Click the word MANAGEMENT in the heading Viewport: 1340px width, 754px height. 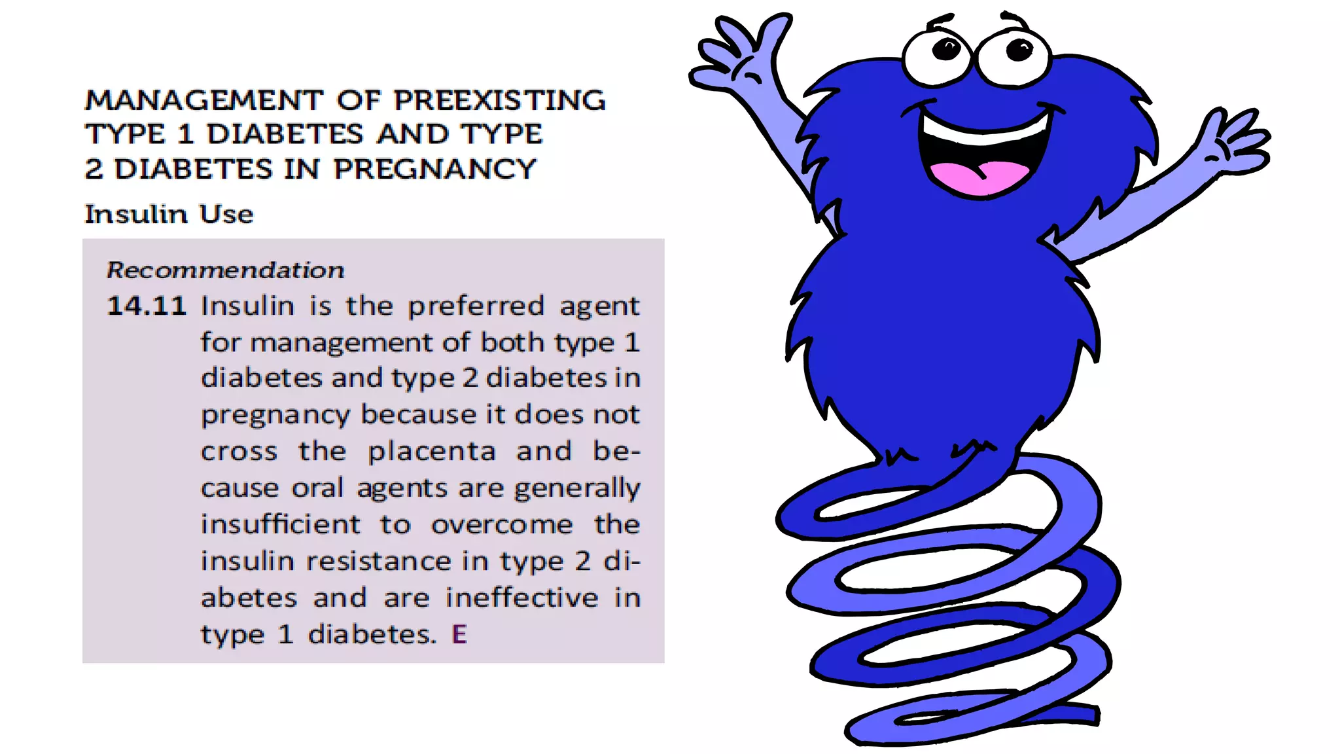click(x=204, y=101)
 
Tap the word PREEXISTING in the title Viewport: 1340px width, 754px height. click(x=499, y=101)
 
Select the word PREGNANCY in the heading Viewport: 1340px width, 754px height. click(x=434, y=169)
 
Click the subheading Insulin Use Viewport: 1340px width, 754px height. click(x=169, y=215)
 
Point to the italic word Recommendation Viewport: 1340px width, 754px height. click(x=225, y=270)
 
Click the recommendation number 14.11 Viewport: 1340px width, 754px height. click(x=147, y=306)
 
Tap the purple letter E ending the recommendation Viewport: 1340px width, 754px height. click(x=459, y=634)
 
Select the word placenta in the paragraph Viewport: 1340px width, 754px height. click(x=431, y=452)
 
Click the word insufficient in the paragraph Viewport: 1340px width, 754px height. click(x=280, y=524)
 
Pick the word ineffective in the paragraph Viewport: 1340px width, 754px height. click(x=521, y=598)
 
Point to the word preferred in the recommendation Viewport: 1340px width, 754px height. click(x=476, y=306)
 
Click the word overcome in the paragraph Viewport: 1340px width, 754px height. click(x=502, y=524)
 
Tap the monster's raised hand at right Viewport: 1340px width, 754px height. click(x=1233, y=141)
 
